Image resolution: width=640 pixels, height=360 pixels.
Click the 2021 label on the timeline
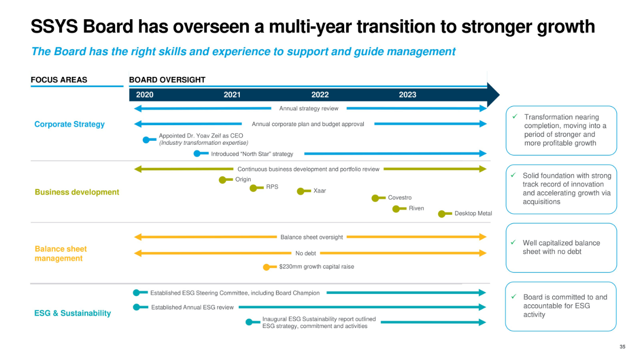(232, 95)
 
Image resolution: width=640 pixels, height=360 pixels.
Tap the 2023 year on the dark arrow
(407, 95)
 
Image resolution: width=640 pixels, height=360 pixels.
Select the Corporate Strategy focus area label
(69, 124)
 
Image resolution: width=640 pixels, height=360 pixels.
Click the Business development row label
(77, 192)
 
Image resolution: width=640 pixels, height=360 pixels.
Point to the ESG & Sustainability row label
(72, 313)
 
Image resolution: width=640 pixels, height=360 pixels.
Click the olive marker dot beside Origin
(223, 180)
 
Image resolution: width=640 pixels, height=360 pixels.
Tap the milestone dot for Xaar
(300, 191)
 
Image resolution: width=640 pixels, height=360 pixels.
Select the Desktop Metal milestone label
(473, 213)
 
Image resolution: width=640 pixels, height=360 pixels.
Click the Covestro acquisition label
(400, 197)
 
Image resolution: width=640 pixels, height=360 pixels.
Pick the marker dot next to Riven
(396, 209)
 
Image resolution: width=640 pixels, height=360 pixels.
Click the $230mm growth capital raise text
(317, 266)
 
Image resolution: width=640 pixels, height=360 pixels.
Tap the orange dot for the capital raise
(266, 267)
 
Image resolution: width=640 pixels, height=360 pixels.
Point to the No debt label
(306, 253)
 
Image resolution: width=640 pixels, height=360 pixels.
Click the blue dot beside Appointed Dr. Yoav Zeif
(146, 140)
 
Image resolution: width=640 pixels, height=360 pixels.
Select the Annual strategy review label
(309, 108)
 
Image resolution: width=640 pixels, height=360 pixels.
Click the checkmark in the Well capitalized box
(513, 243)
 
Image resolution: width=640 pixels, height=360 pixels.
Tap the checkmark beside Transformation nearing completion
(514, 117)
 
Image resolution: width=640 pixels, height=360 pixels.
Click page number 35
(622, 347)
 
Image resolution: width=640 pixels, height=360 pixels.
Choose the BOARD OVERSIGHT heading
(167, 80)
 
